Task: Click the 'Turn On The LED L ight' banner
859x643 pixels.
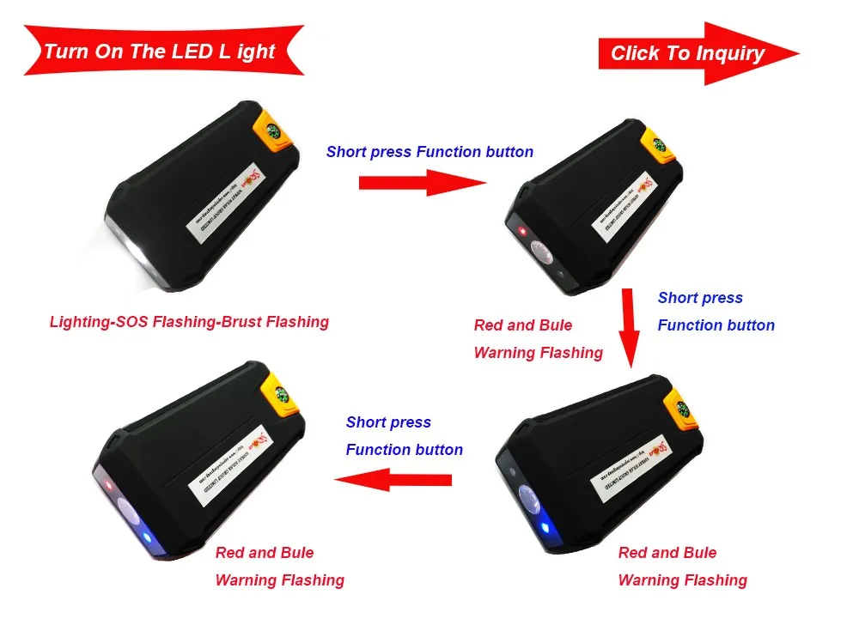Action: coord(160,52)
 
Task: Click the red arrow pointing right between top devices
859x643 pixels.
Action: coord(421,182)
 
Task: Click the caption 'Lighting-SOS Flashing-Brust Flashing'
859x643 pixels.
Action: coord(189,322)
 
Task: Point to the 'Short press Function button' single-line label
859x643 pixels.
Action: coord(429,152)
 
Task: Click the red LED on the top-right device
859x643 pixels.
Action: coord(522,232)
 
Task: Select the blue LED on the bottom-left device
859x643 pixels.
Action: coord(146,538)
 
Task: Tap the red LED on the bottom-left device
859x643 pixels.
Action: coord(109,486)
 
